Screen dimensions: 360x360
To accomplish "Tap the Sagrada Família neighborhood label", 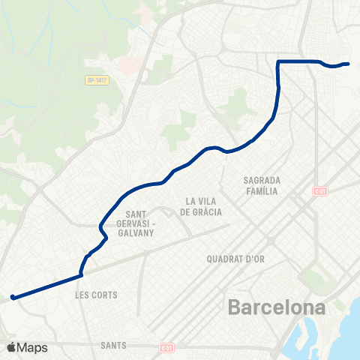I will tap(262, 186).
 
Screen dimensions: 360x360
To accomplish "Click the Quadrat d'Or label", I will tap(235, 259).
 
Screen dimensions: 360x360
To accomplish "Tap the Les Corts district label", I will tap(97, 295).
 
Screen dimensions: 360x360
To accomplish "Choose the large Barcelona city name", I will tap(277, 308).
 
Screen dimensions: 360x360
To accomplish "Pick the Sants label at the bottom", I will tap(112, 346).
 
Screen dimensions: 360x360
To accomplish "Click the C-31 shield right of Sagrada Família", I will tap(320, 191).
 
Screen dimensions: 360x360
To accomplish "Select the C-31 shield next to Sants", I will tap(166, 348).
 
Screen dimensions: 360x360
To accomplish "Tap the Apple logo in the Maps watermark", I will tap(12, 346).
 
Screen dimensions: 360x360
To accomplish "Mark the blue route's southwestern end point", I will tap(13, 298).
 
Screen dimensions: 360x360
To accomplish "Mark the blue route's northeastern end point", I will tap(348, 64).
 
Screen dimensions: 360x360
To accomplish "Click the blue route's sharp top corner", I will tap(278, 61).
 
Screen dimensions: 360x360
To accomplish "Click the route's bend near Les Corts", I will tap(81, 274).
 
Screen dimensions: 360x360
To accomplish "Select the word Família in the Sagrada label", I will tap(262, 191).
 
